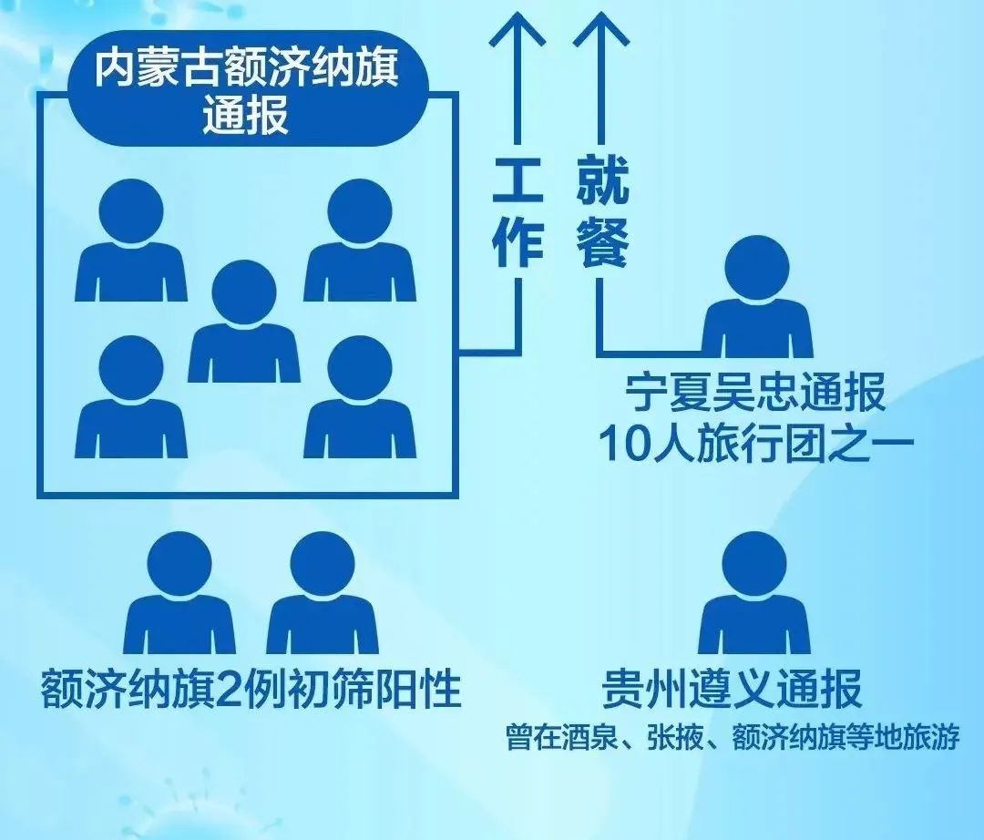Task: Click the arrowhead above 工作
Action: click(518, 31)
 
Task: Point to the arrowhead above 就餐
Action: click(601, 31)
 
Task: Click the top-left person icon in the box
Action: click(131, 241)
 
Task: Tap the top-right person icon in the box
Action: click(360, 241)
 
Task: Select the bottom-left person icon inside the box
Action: click(131, 396)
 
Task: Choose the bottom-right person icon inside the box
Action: click(360, 396)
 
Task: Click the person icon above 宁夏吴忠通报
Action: click(757, 297)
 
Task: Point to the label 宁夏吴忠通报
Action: click(755, 393)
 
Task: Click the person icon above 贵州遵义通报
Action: click(754, 593)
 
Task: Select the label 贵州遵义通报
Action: click(732, 689)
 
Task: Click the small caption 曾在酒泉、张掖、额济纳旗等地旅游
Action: click(733, 737)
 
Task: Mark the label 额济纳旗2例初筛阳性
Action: click(251, 689)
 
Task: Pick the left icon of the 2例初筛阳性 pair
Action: click(179, 593)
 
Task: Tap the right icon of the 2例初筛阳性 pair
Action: click(323, 593)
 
